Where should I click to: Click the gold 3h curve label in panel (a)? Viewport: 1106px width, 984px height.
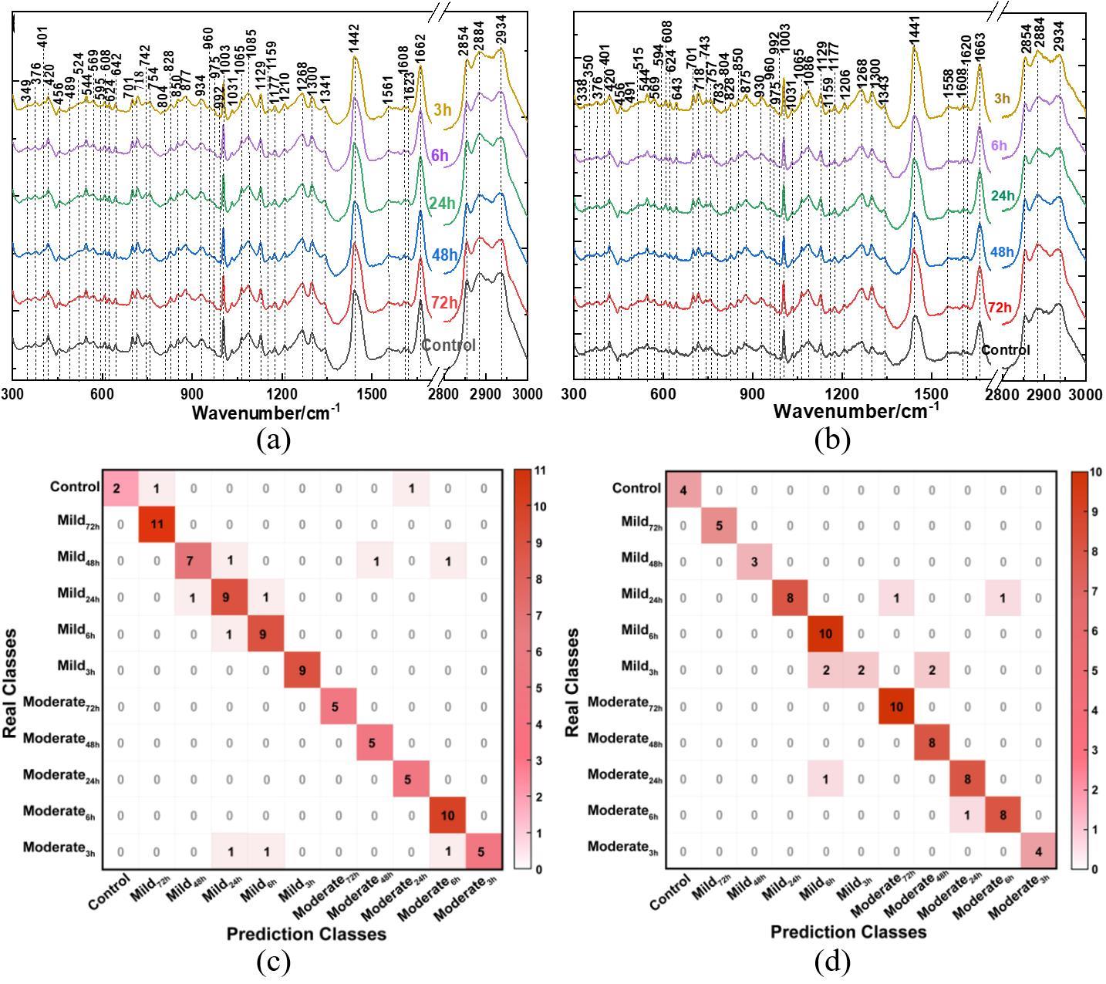click(x=443, y=110)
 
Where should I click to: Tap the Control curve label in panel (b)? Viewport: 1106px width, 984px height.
click(x=1005, y=350)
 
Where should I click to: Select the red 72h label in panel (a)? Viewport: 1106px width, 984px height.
click(x=444, y=303)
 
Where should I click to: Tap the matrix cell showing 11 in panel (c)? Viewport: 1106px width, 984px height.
click(x=157, y=524)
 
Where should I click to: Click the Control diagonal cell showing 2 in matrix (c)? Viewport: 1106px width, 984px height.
click(x=121, y=488)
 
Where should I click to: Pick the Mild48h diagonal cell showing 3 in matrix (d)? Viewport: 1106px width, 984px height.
click(x=754, y=561)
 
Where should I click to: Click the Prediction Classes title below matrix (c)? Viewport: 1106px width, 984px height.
click(x=306, y=934)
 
